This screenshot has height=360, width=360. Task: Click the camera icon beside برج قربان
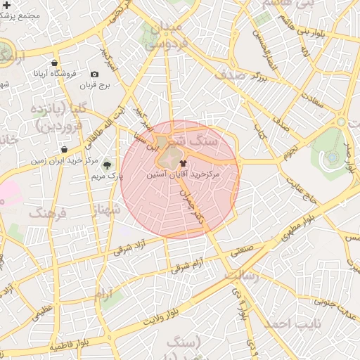(x=95, y=74)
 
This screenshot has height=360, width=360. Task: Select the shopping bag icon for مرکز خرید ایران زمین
(x=64, y=149)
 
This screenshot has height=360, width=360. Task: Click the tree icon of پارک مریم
(x=107, y=165)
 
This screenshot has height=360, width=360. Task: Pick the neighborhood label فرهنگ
(x=47, y=212)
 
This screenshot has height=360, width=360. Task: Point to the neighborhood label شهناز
(x=107, y=211)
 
